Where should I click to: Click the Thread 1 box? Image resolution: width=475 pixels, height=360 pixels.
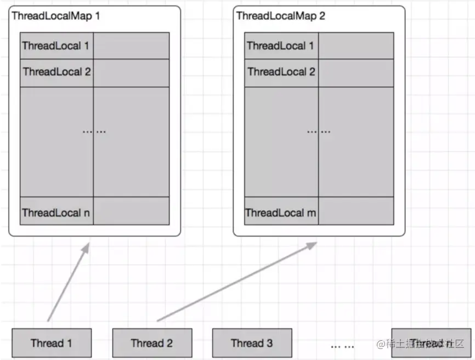point(52,343)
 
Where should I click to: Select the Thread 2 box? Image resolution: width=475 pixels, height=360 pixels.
point(152,343)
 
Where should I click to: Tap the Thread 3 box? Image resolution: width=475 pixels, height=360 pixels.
point(252,343)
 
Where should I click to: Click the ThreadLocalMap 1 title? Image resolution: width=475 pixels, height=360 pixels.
point(56,15)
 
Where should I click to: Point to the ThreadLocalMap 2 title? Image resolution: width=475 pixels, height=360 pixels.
point(280,15)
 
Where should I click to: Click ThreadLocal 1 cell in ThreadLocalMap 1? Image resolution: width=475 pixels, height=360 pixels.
point(56,46)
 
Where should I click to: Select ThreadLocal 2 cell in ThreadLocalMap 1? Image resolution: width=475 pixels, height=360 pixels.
point(56,72)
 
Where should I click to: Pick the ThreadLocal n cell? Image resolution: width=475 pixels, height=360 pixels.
point(56,212)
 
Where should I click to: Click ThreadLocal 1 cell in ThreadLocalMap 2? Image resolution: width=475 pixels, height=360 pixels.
point(281,46)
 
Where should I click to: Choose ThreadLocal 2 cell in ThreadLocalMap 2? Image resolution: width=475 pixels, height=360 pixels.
point(281,72)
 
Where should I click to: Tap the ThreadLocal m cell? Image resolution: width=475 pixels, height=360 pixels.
point(281,212)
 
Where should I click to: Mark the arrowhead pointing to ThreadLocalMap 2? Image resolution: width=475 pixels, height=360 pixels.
point(312,245)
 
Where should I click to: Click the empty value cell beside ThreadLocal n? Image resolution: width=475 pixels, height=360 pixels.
point(131,211)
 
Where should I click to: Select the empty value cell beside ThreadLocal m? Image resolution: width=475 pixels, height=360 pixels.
point(356,211)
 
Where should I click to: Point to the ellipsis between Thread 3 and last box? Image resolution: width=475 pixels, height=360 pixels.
point(343,346)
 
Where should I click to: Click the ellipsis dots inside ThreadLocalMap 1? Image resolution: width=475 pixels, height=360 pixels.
point(94,131)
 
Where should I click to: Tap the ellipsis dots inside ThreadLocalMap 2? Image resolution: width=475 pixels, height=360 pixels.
point(319,131)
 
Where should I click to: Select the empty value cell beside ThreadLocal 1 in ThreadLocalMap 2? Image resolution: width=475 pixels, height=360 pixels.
point(356,46)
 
